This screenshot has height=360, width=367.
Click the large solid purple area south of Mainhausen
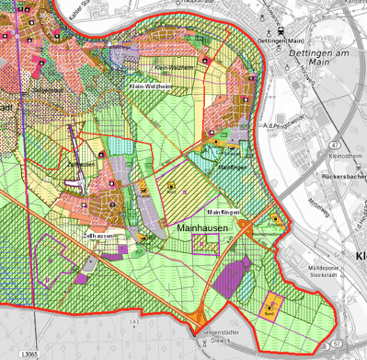click(x=236, y=275)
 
